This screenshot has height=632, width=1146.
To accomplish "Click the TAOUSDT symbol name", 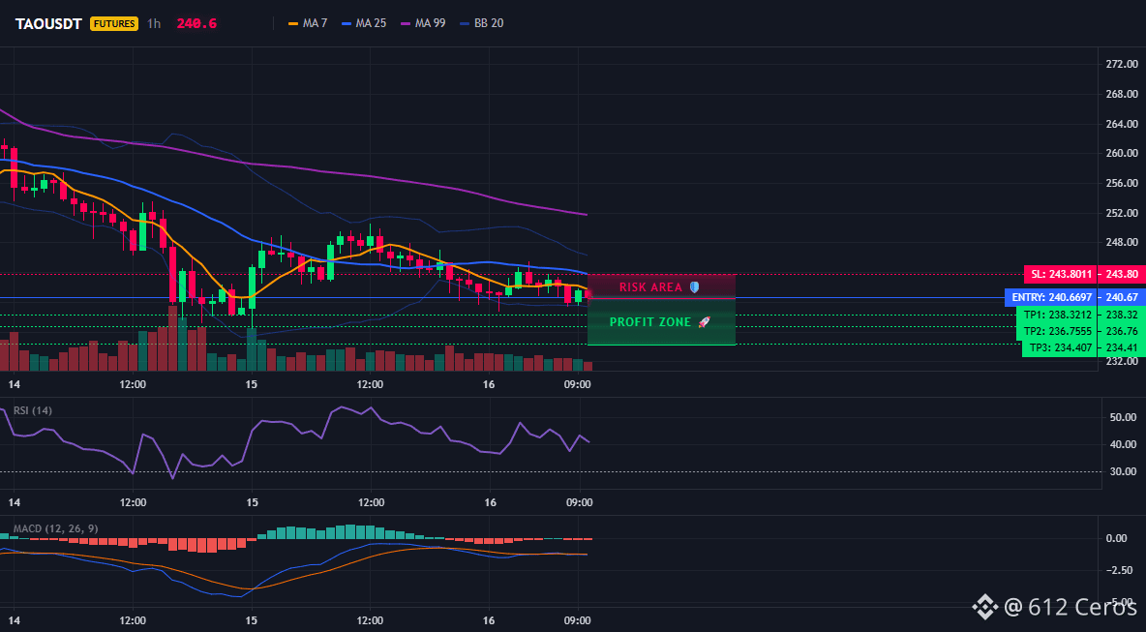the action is point(48,23).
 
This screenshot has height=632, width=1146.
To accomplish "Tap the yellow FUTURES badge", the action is point(114,23).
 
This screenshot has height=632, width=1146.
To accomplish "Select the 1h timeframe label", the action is point(154,23).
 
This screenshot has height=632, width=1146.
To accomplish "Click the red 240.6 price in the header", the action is point(196,23).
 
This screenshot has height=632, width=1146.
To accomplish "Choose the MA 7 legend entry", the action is point(308,23).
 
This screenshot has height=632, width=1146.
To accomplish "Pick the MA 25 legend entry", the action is point(364,23).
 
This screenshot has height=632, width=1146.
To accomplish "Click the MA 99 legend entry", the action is point(423,23).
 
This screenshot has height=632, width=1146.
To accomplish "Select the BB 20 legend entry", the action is point(482,23).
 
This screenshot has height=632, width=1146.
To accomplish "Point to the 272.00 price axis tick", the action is point(1121,64).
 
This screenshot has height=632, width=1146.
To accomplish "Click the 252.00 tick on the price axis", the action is point(1121,213).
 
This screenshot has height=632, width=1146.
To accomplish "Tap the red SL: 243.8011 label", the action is point(1061,275).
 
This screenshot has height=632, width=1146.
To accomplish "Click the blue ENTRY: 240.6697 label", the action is point(1052,297).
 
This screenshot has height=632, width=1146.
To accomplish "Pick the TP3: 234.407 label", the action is point(1061,347).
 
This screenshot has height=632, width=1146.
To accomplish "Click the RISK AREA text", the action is point(650,287).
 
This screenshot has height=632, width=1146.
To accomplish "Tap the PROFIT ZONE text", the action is point(650,322).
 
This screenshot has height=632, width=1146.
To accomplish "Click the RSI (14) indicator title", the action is point(33,410).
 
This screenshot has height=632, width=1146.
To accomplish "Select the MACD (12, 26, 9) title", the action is point(55,528).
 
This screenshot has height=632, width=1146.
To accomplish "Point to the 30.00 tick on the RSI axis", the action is point(1120,471).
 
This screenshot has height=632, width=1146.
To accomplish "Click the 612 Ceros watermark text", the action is point(1082,607).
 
